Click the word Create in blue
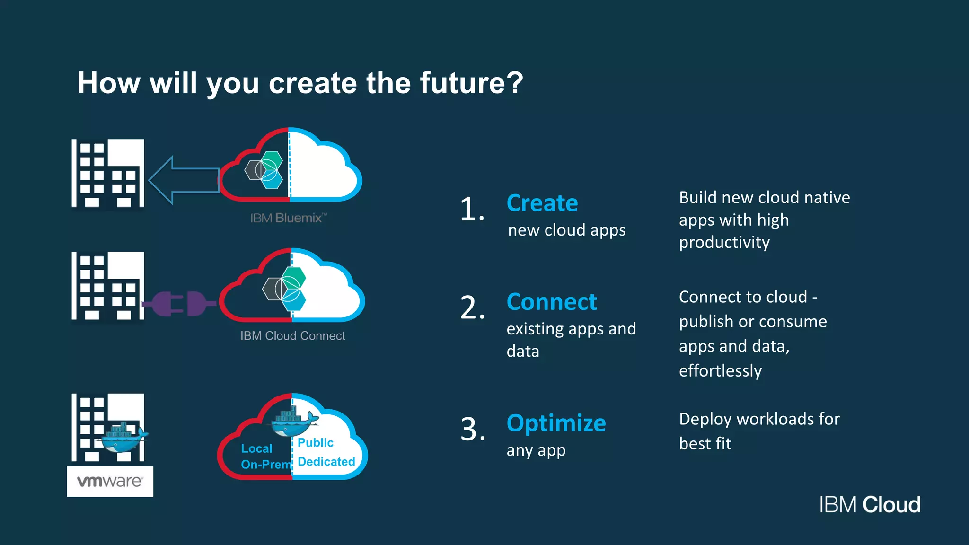pos(542,203)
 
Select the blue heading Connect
pos(552,302)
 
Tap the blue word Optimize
pos(556,423)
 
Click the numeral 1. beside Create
pos(472,209)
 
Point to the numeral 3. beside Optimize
pos(473,430)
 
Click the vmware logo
pos(110,482)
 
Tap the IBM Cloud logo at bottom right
pos(870,505)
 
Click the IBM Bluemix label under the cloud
pos(288,218)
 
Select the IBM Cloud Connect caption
pos(292,336)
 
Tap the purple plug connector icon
pos(180,303)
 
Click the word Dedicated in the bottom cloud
pos(326,462)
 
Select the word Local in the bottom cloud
pos(256,448)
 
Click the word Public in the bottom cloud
pos(316,443)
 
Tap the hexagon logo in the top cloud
pos(264,169)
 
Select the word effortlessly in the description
pos(720,371)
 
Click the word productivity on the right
pos(724,243)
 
